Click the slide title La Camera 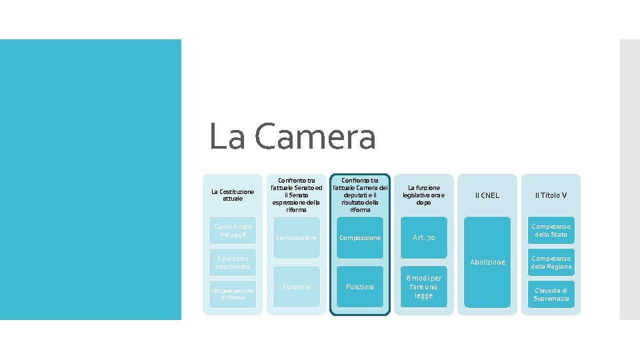[292, 137]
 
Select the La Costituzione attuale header [233, 195]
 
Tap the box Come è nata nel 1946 [233, 231]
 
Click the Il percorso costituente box [233, 262]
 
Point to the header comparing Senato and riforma [296, 195]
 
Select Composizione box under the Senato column [296, 238]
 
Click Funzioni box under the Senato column [296, 287]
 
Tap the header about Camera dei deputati [360, 195]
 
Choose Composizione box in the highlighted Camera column [360, 238]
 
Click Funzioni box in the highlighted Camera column [360, 287]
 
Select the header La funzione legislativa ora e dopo [423, 195]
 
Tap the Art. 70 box [423, 238]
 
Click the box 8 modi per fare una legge [423, 287]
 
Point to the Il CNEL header [487, 195]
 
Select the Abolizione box [487, 262]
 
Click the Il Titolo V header [551, 195]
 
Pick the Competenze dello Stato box [551, 231]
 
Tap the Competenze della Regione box [551, 262]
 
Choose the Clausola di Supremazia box [551, 294]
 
